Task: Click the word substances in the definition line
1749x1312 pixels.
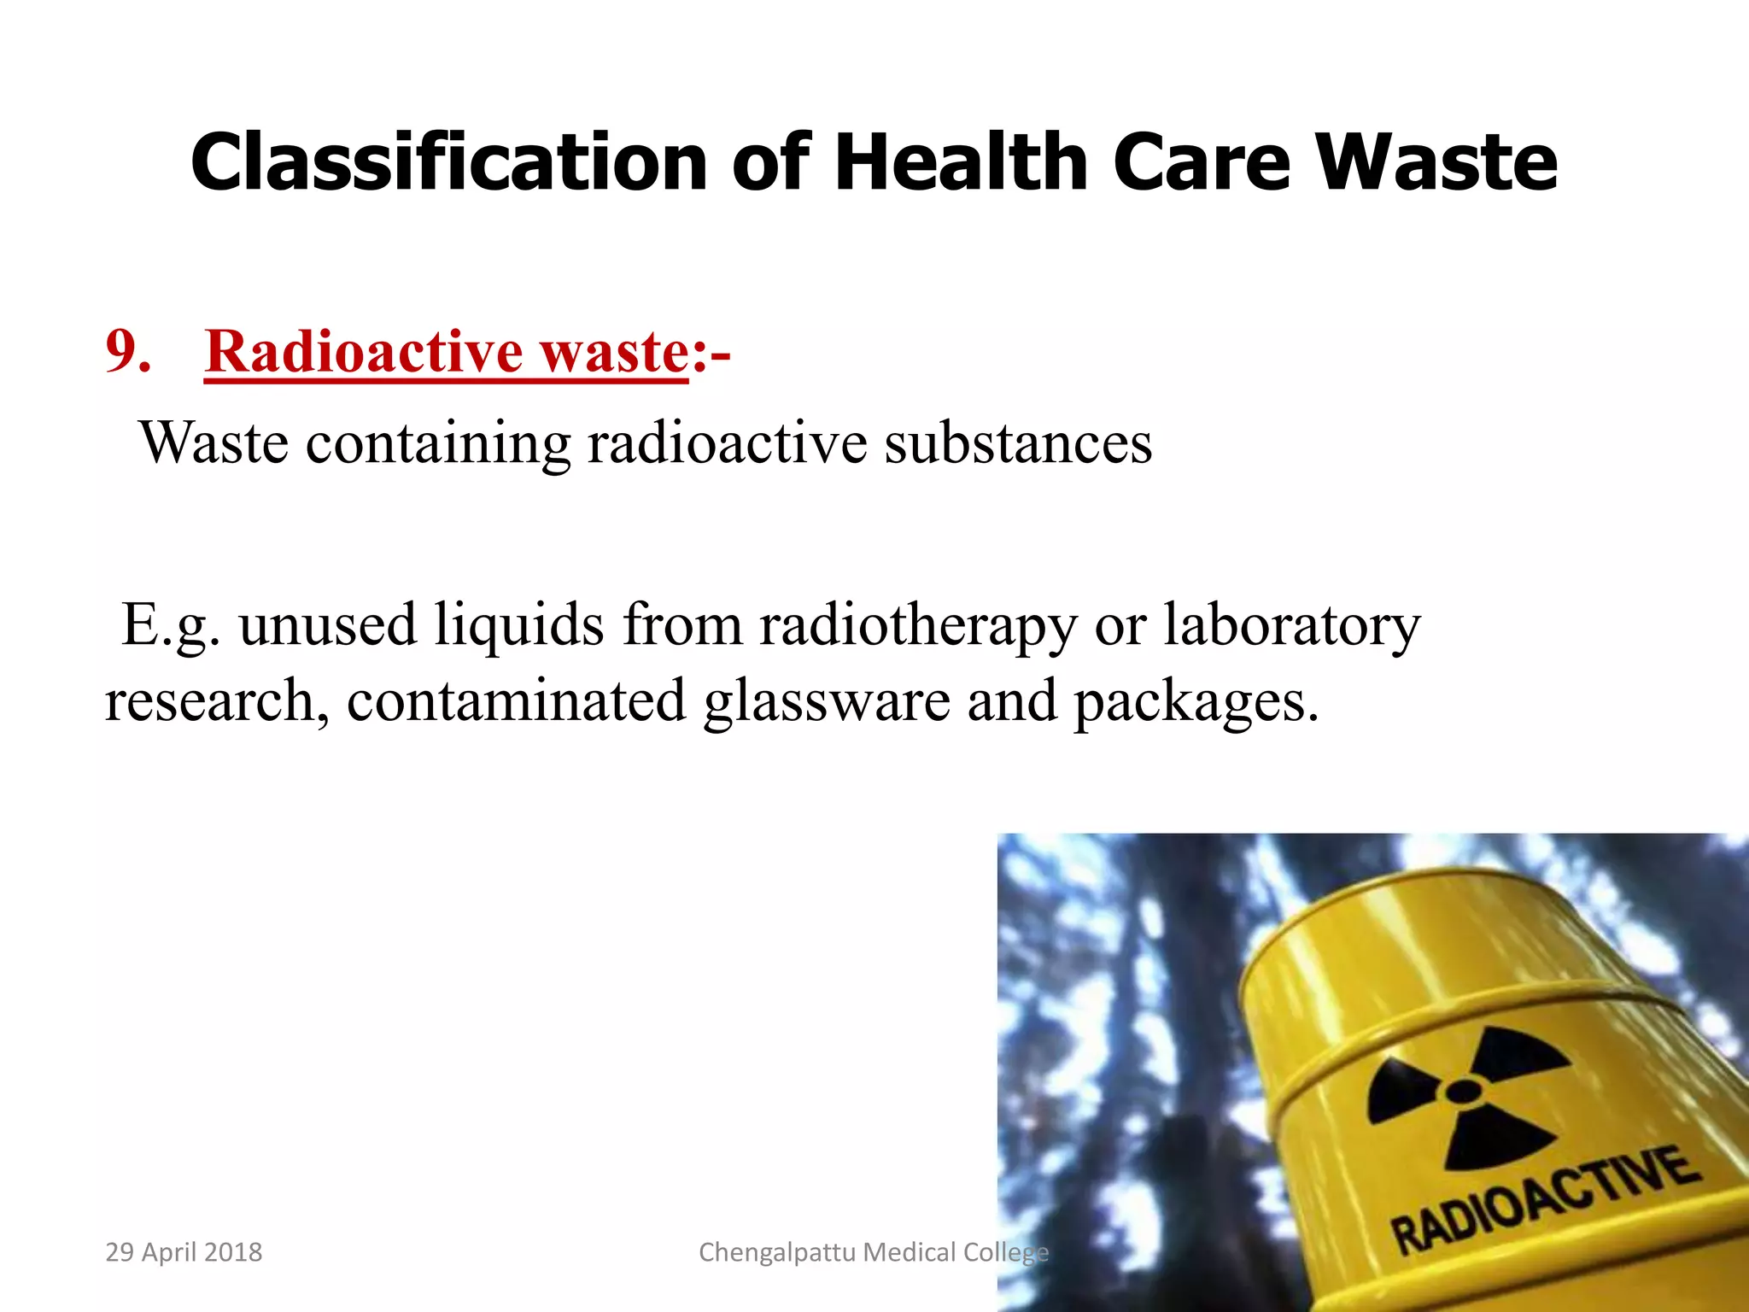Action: [x=1018, y=442]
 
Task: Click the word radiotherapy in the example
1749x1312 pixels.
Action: [x=918, y=625]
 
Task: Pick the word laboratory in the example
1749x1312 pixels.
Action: [x=1291, y=625]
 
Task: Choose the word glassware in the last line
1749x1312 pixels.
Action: [x=826, y=700]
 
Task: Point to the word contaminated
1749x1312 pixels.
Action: [x=516, y=700]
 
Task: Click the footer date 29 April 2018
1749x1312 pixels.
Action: [x=184, y=1252]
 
